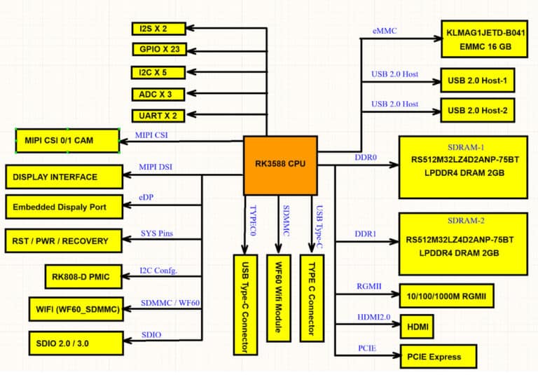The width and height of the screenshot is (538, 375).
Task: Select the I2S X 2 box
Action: click(x=158, y=29)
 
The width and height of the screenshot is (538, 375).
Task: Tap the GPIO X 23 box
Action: click(x=158, y=49)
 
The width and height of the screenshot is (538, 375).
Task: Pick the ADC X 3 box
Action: click(x=158, y=94)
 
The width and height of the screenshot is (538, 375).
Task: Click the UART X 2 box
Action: click(x=158, y=116)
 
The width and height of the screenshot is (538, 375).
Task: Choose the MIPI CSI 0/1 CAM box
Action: click(x=67, y=141)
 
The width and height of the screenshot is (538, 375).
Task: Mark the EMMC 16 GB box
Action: click(x=483, y=38)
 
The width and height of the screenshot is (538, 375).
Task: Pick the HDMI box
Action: click(x=418, y=326)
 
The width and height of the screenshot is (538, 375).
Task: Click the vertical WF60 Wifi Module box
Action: click(x=279, y=297)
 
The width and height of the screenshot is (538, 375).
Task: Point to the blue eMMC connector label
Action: click(x=385, y=30)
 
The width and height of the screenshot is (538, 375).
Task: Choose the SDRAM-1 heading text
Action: click(x=462, y=149)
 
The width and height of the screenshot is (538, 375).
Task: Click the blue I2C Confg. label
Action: click(x=159, y=270)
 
